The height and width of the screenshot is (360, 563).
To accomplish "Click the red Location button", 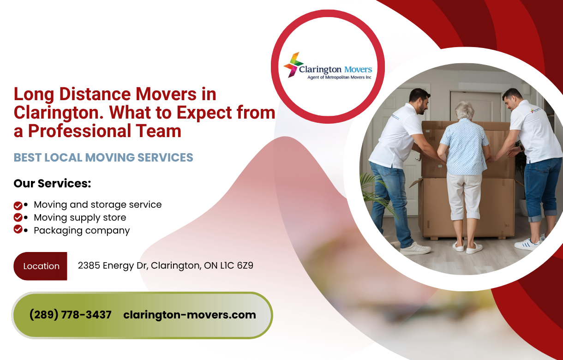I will click(41, 266).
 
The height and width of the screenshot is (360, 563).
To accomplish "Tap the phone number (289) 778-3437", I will click(70, 315).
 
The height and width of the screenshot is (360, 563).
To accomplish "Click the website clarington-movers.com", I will click(189, 315).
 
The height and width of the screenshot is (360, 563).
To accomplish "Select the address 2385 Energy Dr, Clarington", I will click(165, 265).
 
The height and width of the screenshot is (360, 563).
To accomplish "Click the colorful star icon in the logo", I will click(293, 65).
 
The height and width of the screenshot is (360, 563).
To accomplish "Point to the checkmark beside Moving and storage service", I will click(18, 205).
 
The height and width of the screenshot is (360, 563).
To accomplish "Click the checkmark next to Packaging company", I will click(18, 229).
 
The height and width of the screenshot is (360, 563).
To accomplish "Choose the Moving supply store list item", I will click(79, 217).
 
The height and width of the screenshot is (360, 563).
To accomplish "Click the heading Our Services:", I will click(52, 183).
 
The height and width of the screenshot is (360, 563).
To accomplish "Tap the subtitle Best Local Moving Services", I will click(103, 157).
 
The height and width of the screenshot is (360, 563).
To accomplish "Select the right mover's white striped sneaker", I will click(527, 244).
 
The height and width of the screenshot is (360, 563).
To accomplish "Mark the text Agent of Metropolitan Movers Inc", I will click(339, 78).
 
